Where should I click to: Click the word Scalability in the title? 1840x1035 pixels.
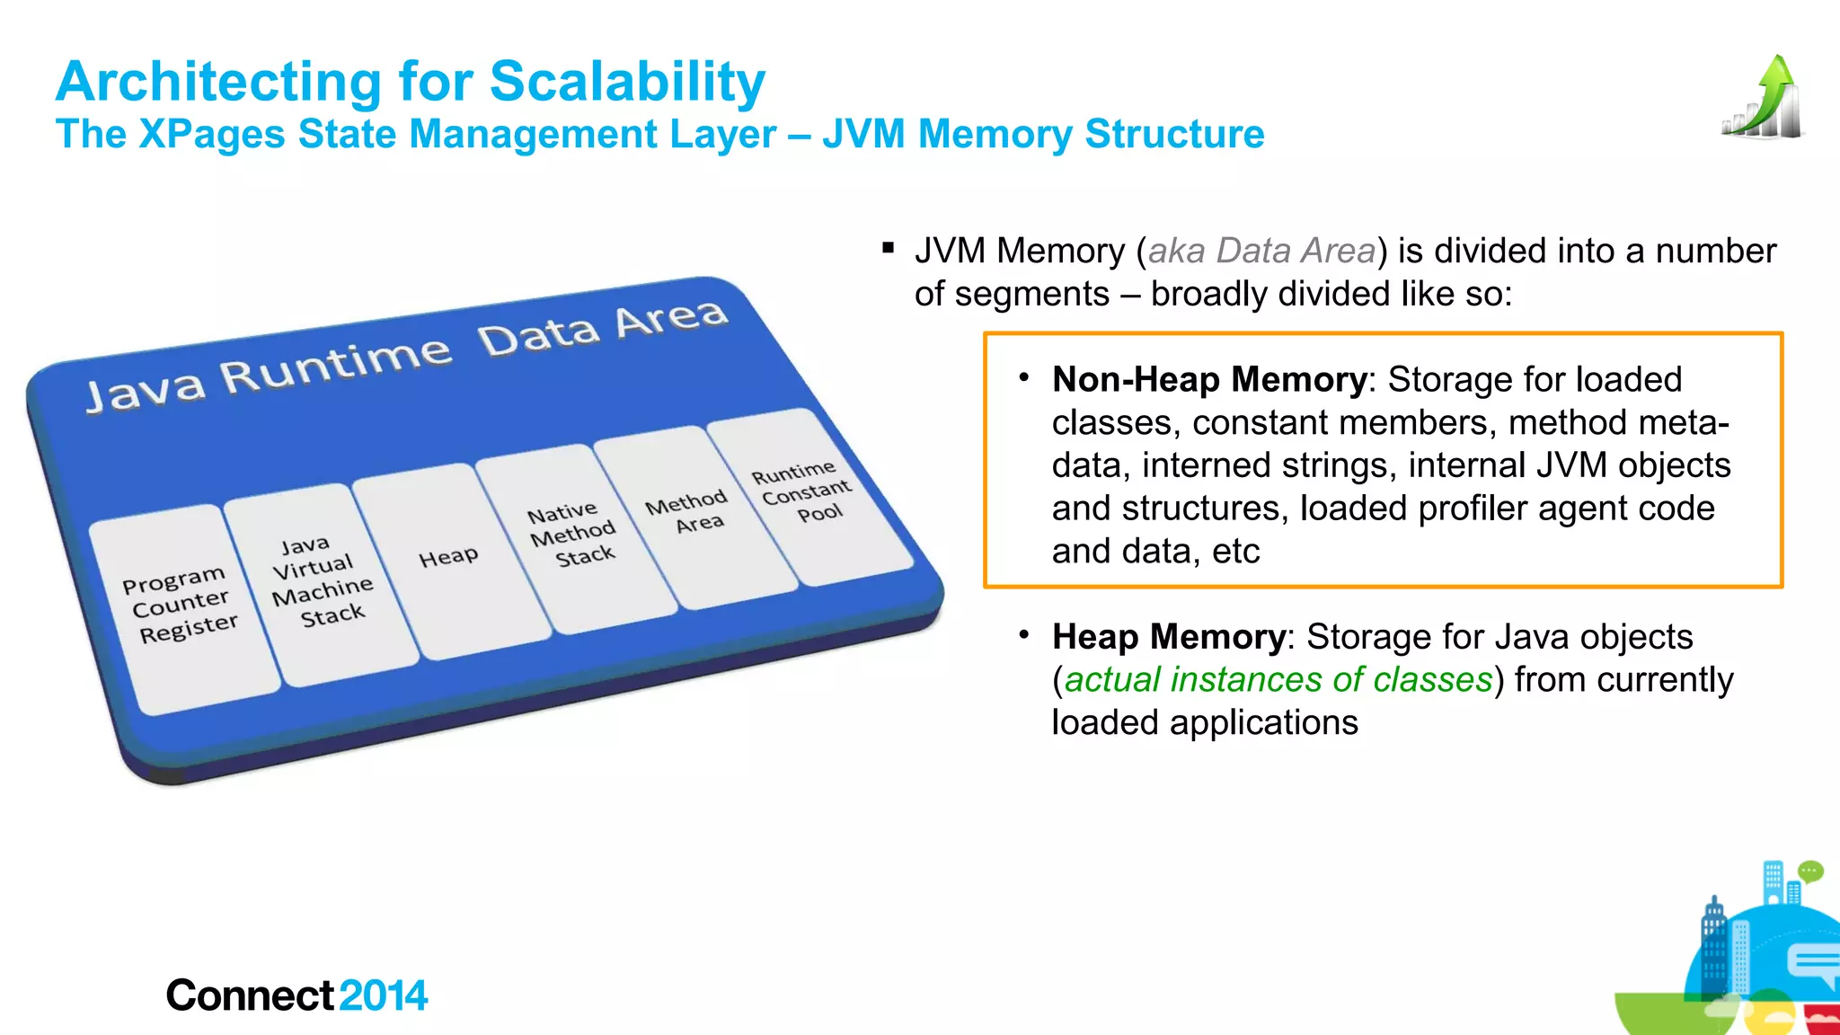pyautogui.click(x=626, y=83)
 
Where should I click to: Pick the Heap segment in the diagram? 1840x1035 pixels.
pyautogui.click(x=448, y=558)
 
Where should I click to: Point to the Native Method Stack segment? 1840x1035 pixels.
pyautogui.click(x=572, y=535)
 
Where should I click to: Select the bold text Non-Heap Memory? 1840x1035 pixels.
pyautogui.click(x=1208, y=379)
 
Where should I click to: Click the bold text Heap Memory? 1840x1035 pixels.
pyautogui.click(x=1168, y=637)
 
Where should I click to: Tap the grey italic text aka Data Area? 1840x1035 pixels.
pyautogui.click(x=1261, y=251)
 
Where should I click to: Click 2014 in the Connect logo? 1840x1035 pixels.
pyautogui.click(x=384, y=995)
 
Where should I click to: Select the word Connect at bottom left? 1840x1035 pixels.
pyautogui.click(x=251, y=995)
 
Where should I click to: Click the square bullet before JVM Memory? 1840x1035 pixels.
pyautogui.click(x=889, y=248)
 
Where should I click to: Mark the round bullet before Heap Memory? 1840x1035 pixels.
pyautogui.click(x=1023, y=634)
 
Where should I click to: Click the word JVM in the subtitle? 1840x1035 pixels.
pyautogui.click(x=866, y=135)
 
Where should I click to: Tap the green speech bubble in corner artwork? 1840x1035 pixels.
pyautogui.click(x=1810, y=871)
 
